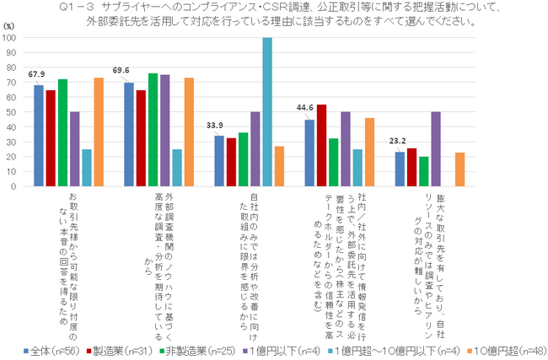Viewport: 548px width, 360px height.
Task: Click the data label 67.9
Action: pos(36,73)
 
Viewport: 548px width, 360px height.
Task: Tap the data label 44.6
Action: pos(304,110)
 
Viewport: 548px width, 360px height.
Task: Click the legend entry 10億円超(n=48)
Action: pos(494,349)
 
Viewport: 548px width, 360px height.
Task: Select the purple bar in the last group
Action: pos(435,150)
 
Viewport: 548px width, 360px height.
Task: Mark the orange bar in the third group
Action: pos(279,169)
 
